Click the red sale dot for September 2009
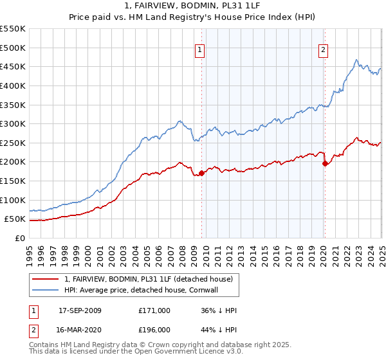pyautogui.click(x=201, y=172)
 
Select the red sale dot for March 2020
pyautogui.click(x=325, y=163)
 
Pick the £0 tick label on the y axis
pyautogui.click(x=19, y=238)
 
